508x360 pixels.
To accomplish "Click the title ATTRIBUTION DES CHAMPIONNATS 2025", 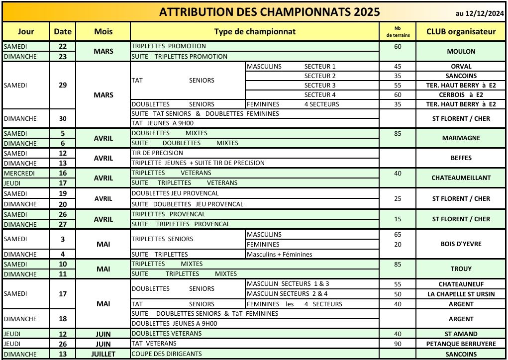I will point(269,12).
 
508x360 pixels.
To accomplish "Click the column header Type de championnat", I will point(255,32).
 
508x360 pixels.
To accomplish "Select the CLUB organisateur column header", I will point(461,32).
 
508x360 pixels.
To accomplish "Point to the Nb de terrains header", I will point(397,32).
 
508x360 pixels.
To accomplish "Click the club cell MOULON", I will point(461,51).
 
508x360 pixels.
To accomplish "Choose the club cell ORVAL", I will point(461,66).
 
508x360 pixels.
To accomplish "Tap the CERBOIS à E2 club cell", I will point(461,95).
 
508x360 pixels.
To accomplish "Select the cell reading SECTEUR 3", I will point(320,86).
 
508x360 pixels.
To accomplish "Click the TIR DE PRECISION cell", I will point(157,153).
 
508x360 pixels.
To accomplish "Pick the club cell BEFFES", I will point(461,158).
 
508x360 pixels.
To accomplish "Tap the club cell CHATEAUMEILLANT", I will point(461,178).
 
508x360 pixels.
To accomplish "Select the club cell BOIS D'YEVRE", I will point(461,244).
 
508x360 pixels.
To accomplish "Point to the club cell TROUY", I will point(461,269).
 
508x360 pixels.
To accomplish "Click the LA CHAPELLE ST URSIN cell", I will point(461,294).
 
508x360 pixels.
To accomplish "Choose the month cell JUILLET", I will point(103,355).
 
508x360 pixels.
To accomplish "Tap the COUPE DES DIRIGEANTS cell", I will point(167,355).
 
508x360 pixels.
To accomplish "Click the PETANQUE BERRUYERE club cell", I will point(461,344).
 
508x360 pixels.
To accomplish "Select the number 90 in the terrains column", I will point(397,344).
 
